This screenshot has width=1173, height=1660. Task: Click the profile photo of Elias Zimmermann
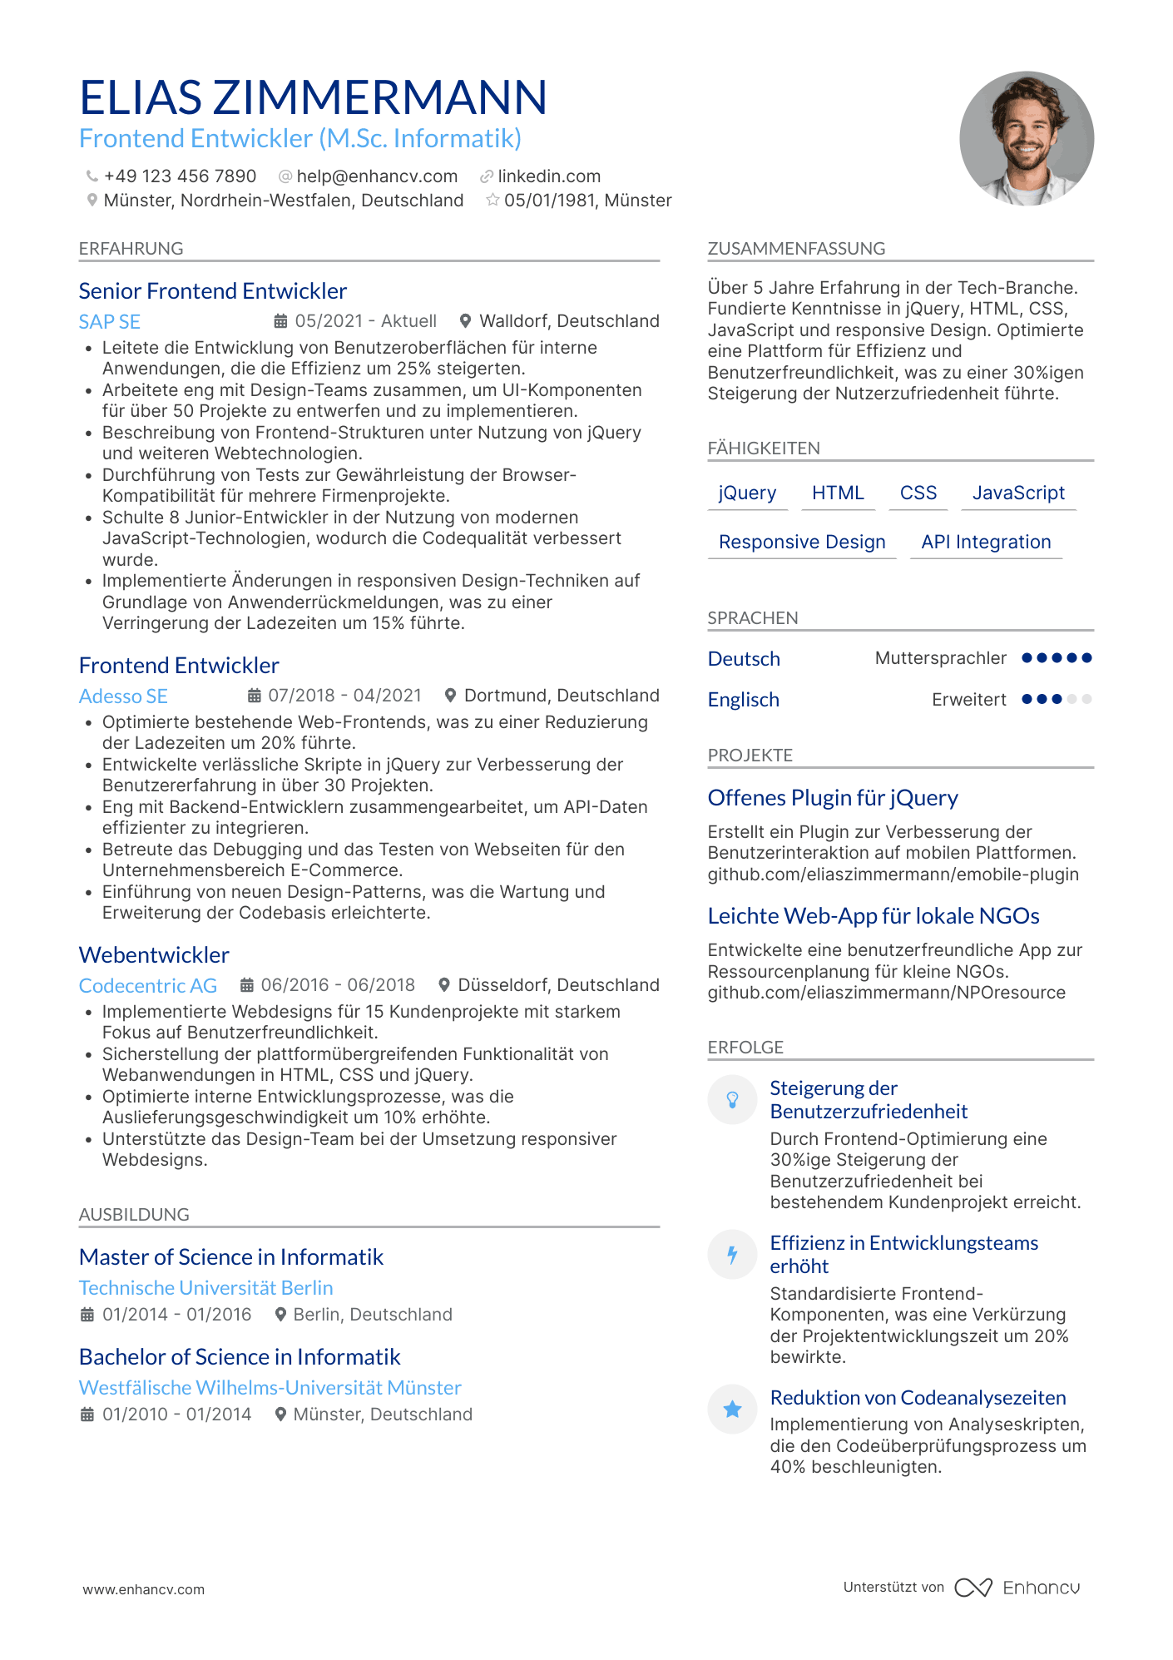click(x=1026, y=138)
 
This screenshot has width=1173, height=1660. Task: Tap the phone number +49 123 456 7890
click(x=180, y=176)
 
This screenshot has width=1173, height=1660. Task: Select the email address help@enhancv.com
click(x=377, y=176)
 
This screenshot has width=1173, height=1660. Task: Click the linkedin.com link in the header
click(x=549, y=176)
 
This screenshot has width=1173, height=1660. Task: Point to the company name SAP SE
click(x=109, y=322)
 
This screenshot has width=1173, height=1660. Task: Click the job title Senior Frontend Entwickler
click(x=212, y=291)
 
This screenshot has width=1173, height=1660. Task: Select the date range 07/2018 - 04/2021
click(x=344, y=696)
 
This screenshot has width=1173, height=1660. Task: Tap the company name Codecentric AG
click(x=147, y=986)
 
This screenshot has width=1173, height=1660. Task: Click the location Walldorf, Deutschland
click(x=569, y=321)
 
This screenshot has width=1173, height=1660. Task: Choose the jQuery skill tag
click(x=747, y=493)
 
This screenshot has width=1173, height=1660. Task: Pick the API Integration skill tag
click(x=986, y=543)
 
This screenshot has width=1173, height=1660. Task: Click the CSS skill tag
click(x=918, y=493)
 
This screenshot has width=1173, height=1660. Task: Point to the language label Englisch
click(x=743, y=700)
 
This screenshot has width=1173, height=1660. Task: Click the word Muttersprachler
click(x=940, y=658)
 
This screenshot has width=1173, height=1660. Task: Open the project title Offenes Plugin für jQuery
click(x=832, y=798)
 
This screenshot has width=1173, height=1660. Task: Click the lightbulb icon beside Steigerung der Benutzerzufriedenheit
click(x=732, y=1100)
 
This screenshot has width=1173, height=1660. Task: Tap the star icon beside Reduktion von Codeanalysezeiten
click(x=732, y=1409)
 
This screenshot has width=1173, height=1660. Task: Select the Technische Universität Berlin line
click(x=205, y=1288)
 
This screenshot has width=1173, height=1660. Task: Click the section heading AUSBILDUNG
click(x=134, y=1215)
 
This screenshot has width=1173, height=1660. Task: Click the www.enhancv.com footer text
click(x=143, y=1589)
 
